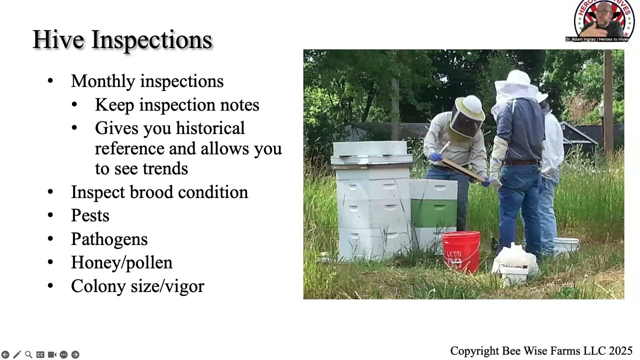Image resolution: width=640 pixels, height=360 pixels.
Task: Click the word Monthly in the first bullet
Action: (103, 81)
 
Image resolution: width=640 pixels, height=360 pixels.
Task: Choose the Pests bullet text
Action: (90, 215)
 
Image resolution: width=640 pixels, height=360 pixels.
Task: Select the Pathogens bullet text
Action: (109, 239)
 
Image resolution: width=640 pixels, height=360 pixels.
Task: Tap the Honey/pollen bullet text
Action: (121, 262)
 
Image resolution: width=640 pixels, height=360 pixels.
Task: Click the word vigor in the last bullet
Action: (185, 286)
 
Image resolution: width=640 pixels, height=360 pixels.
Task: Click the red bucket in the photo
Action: (461, 251)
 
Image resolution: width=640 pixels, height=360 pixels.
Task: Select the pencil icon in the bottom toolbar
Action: (17, 354)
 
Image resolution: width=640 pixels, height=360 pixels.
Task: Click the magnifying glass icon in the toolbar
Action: (28, 354)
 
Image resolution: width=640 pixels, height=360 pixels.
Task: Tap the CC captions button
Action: (40, 354)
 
